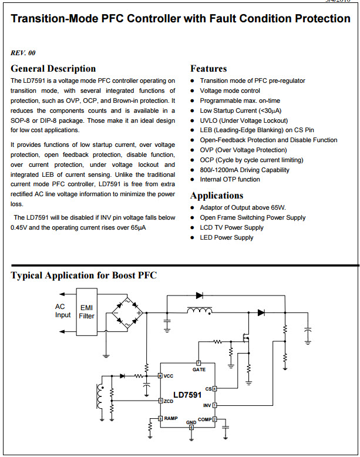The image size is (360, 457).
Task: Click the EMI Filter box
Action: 86,312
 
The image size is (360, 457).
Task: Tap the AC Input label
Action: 63,311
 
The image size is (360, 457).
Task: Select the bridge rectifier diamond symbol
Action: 127,313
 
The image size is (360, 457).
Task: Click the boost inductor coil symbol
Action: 200,311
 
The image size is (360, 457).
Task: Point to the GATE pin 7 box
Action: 199,363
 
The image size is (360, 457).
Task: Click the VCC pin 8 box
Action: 160,376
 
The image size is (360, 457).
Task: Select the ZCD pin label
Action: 169,401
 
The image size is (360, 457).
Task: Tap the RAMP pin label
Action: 171,418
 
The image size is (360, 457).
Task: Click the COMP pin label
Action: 204,419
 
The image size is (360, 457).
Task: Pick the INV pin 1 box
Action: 215,405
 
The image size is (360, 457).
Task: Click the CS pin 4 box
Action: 215,389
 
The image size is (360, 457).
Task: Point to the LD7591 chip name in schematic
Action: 187,395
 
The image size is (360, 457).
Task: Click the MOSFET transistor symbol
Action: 245,338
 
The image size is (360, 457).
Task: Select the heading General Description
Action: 53,69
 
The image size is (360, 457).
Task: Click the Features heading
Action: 208,69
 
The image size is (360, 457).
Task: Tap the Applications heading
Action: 217,196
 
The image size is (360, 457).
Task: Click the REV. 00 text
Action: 23,53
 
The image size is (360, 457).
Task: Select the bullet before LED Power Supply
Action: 192,238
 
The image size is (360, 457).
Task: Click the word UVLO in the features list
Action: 208,120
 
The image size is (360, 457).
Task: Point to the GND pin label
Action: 191,422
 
